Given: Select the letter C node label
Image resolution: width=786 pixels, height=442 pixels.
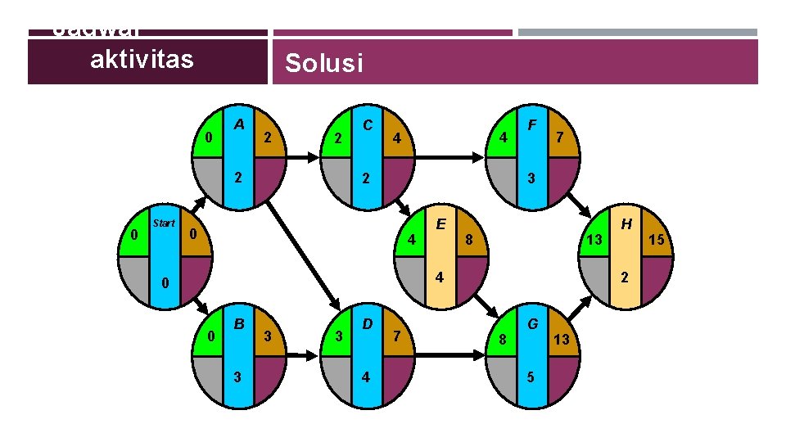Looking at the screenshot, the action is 368,125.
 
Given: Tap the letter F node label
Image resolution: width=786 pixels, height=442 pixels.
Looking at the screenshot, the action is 532,125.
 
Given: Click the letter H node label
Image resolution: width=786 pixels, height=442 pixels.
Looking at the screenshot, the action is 626,224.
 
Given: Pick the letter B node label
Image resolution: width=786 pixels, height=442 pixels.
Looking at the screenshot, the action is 240,323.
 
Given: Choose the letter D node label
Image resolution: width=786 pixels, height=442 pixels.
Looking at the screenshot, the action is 368,323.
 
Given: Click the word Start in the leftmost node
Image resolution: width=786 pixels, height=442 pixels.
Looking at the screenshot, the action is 164,223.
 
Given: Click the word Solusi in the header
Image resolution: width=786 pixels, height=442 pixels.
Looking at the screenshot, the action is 323,63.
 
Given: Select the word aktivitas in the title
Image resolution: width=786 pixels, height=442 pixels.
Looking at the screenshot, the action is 142,59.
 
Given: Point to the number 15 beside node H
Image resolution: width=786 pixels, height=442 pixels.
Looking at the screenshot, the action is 656,240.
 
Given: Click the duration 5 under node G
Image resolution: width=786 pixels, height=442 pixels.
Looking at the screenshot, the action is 532,377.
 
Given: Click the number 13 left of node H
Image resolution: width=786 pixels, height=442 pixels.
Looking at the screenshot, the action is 595,240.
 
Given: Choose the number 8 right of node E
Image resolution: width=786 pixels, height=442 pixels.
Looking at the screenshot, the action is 468,240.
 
